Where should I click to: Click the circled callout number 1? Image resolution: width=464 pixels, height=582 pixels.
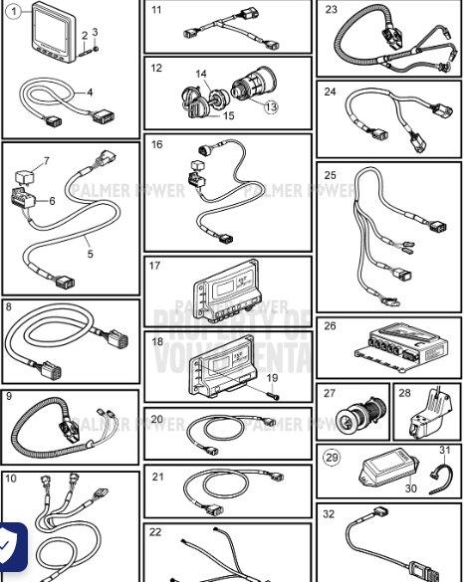pos(15,14)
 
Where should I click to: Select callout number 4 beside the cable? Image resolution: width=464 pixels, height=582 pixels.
pos(90,93)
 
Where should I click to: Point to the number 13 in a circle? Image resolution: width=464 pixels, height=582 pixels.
pos(271,106)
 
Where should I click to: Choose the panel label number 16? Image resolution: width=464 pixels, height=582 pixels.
pos(157,144)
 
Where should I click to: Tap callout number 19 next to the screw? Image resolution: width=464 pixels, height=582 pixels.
pos(272,378)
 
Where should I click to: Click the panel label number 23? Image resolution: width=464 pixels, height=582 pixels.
pos(332,10)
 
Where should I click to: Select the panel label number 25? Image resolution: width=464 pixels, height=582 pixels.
pos(331,176)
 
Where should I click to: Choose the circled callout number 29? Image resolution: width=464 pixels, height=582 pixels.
pos(332,458)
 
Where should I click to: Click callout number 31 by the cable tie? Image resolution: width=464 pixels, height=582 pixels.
pos(444,451)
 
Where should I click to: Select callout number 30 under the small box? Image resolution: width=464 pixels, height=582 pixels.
pos(410,487)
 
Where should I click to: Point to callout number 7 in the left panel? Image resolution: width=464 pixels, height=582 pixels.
pos(45,161)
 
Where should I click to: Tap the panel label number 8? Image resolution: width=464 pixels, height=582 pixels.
pos(9,307)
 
